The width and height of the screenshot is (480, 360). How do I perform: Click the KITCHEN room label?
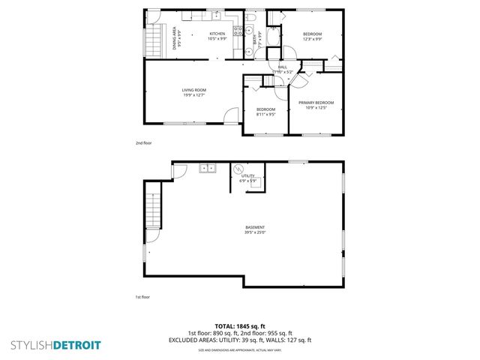(217, 36)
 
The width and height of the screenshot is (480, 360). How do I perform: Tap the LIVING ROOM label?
(193, 92)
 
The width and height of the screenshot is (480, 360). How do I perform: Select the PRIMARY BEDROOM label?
(316, 104)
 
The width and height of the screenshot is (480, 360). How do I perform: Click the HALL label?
(283, 70)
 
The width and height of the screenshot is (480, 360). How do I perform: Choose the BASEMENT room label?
(254, 229)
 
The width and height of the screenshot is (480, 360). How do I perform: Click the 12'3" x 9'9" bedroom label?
(312, 36)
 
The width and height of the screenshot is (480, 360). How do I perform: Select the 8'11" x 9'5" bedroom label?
(265, 112)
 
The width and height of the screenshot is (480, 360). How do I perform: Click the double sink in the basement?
(207, 169)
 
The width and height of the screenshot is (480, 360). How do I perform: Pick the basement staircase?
(152, 209)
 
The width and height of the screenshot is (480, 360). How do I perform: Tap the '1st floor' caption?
(142, 298)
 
